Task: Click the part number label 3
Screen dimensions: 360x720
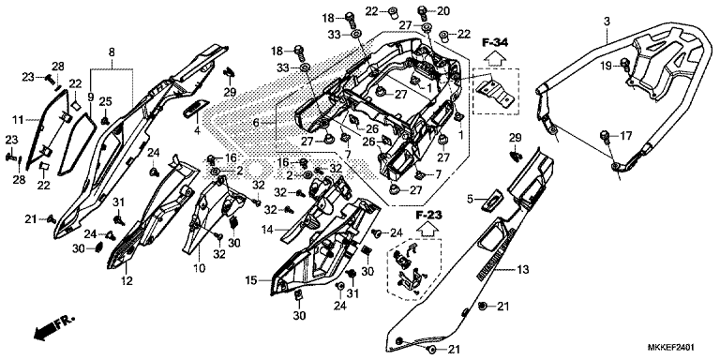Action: tap(607, 21)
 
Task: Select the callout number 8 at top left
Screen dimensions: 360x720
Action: tap(112, 51)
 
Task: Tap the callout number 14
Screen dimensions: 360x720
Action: tap(267, 230)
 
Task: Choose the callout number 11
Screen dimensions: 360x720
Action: tap(17, 121)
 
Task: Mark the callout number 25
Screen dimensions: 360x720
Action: tap(105, 101)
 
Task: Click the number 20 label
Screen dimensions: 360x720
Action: tap(444, 11)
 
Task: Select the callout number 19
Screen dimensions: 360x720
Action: tap(607, 65)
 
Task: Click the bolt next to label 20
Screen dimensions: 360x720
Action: tap(422, 12)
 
